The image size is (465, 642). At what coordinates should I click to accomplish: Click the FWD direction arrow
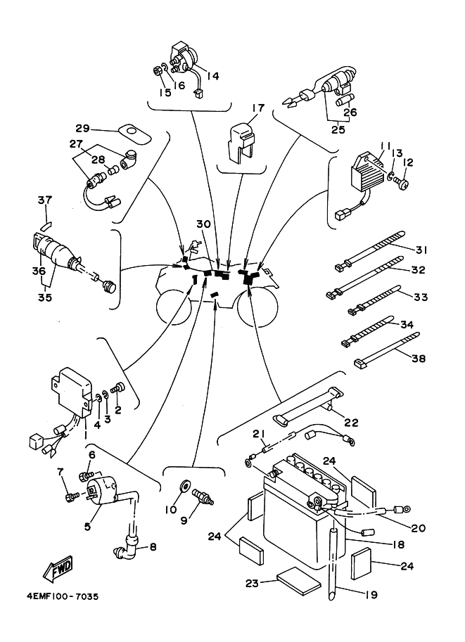[58, 569]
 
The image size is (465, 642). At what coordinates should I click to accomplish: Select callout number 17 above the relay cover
[258, 108]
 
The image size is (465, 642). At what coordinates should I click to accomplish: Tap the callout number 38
[419, 358]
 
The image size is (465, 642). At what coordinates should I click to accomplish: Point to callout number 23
[253, 582]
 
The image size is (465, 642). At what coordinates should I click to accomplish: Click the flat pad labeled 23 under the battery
[299, 582]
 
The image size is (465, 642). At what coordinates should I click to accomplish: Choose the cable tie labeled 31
[370, 250]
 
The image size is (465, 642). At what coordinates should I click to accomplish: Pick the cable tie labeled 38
[386, 349]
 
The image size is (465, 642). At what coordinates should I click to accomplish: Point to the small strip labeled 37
[46, 224]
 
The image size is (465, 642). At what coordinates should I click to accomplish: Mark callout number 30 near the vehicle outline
[203, 224]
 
